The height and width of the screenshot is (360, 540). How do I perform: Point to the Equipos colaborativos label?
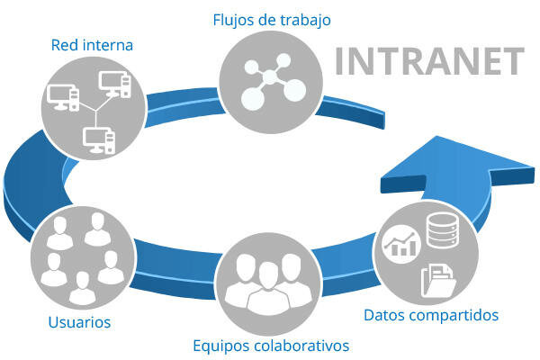[271, 345]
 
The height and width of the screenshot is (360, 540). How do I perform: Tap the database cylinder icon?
[442, 231]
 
